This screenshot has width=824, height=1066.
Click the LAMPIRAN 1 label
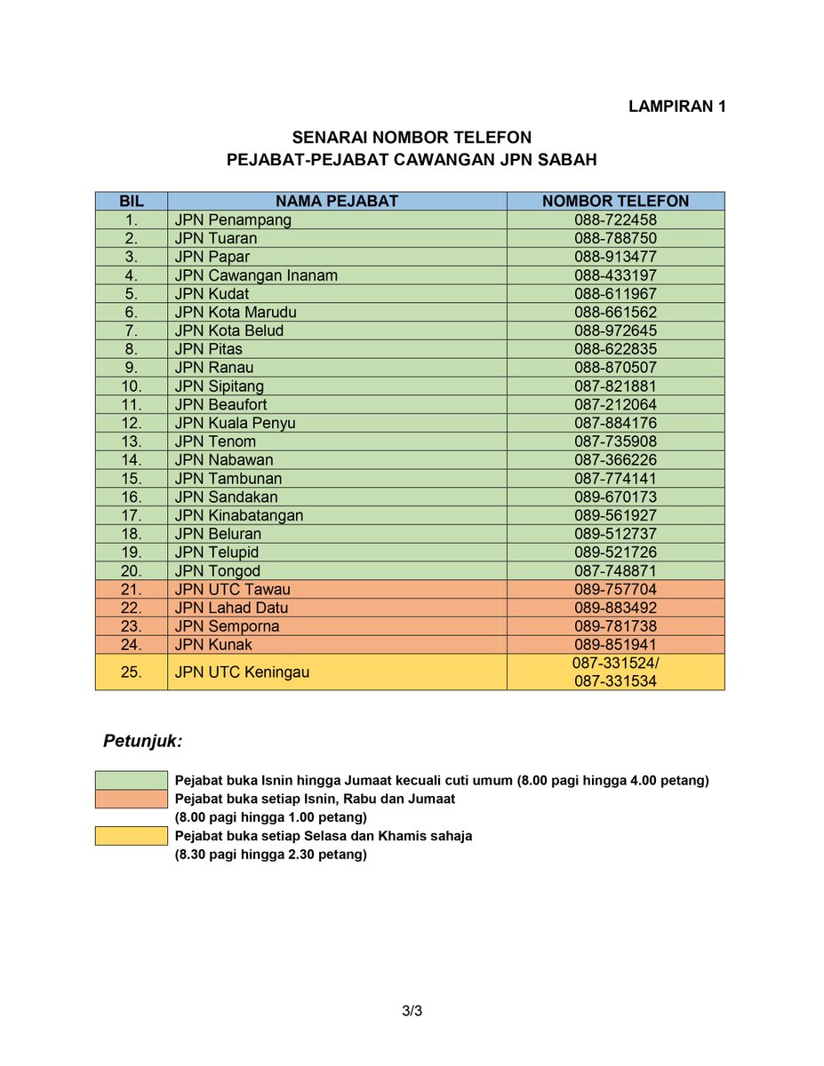click(x=677, y=107)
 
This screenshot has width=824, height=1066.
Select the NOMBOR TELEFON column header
click(x=615, y=201)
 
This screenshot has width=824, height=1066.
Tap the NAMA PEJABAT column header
click(x=336, y=201)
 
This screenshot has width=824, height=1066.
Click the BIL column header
click(x=131, y=201)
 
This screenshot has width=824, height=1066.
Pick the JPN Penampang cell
click(x=233, y=219)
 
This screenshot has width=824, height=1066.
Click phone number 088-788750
click(x=615, y=238)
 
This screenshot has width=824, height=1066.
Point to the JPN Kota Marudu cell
click(x=236, y=312)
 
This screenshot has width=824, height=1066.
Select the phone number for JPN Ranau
click(x=615, y=368)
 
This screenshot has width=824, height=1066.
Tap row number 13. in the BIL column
click(x=131, y=442)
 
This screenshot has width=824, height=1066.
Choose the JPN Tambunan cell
click(x=228, y=479)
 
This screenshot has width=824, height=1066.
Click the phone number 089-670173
click(x=615, y=497)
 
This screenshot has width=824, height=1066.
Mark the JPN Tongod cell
click(x=218, y=571)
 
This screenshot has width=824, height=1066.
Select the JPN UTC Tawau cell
click(x=233, y=590)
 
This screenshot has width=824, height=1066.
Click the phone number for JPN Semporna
click(x=615, y=626)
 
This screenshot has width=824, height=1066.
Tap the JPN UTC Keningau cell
click(x=242, y=672)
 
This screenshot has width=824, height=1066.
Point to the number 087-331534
click(x=615, y=681)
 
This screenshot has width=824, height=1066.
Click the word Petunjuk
click(x=142, y=740)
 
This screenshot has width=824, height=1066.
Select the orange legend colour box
click(x=131, y=799)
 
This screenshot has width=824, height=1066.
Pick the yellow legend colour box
click(x=131, y=836)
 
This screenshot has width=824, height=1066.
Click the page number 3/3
click(x=412, y=1011)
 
